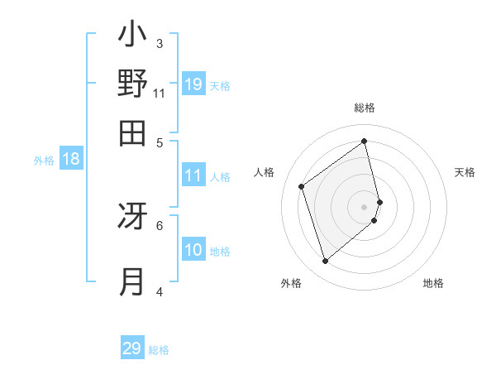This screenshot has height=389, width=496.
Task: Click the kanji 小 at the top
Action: (x=132, y=36)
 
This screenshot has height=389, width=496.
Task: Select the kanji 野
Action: (x=132, y=84)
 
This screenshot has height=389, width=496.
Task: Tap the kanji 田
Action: (x=132, y=132)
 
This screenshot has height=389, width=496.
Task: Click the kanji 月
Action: (x=132, y=281)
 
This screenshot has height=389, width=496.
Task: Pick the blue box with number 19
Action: (x=193, y=84)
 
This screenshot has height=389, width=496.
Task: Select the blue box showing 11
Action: (x=193, y=175)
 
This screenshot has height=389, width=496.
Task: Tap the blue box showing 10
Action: (x=193, y=251)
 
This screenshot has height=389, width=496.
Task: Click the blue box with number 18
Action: (x=71, y=160)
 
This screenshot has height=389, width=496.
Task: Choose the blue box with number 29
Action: (x=132, y=348)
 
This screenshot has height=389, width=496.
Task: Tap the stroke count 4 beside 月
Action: (x=160, y=291)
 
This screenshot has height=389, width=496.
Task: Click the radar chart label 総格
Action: (x=365, y=108)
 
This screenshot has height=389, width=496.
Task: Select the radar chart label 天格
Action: (x=465, y=172)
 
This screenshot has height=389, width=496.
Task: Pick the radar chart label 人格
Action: (x=265, y=172)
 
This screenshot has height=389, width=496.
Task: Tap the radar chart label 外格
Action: (x=291, y=284)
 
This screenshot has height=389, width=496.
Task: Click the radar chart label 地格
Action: (x=433, y=284)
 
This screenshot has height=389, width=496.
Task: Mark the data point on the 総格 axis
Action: (x=365, y=141)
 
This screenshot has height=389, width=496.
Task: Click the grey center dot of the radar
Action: (x=365, y=206)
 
